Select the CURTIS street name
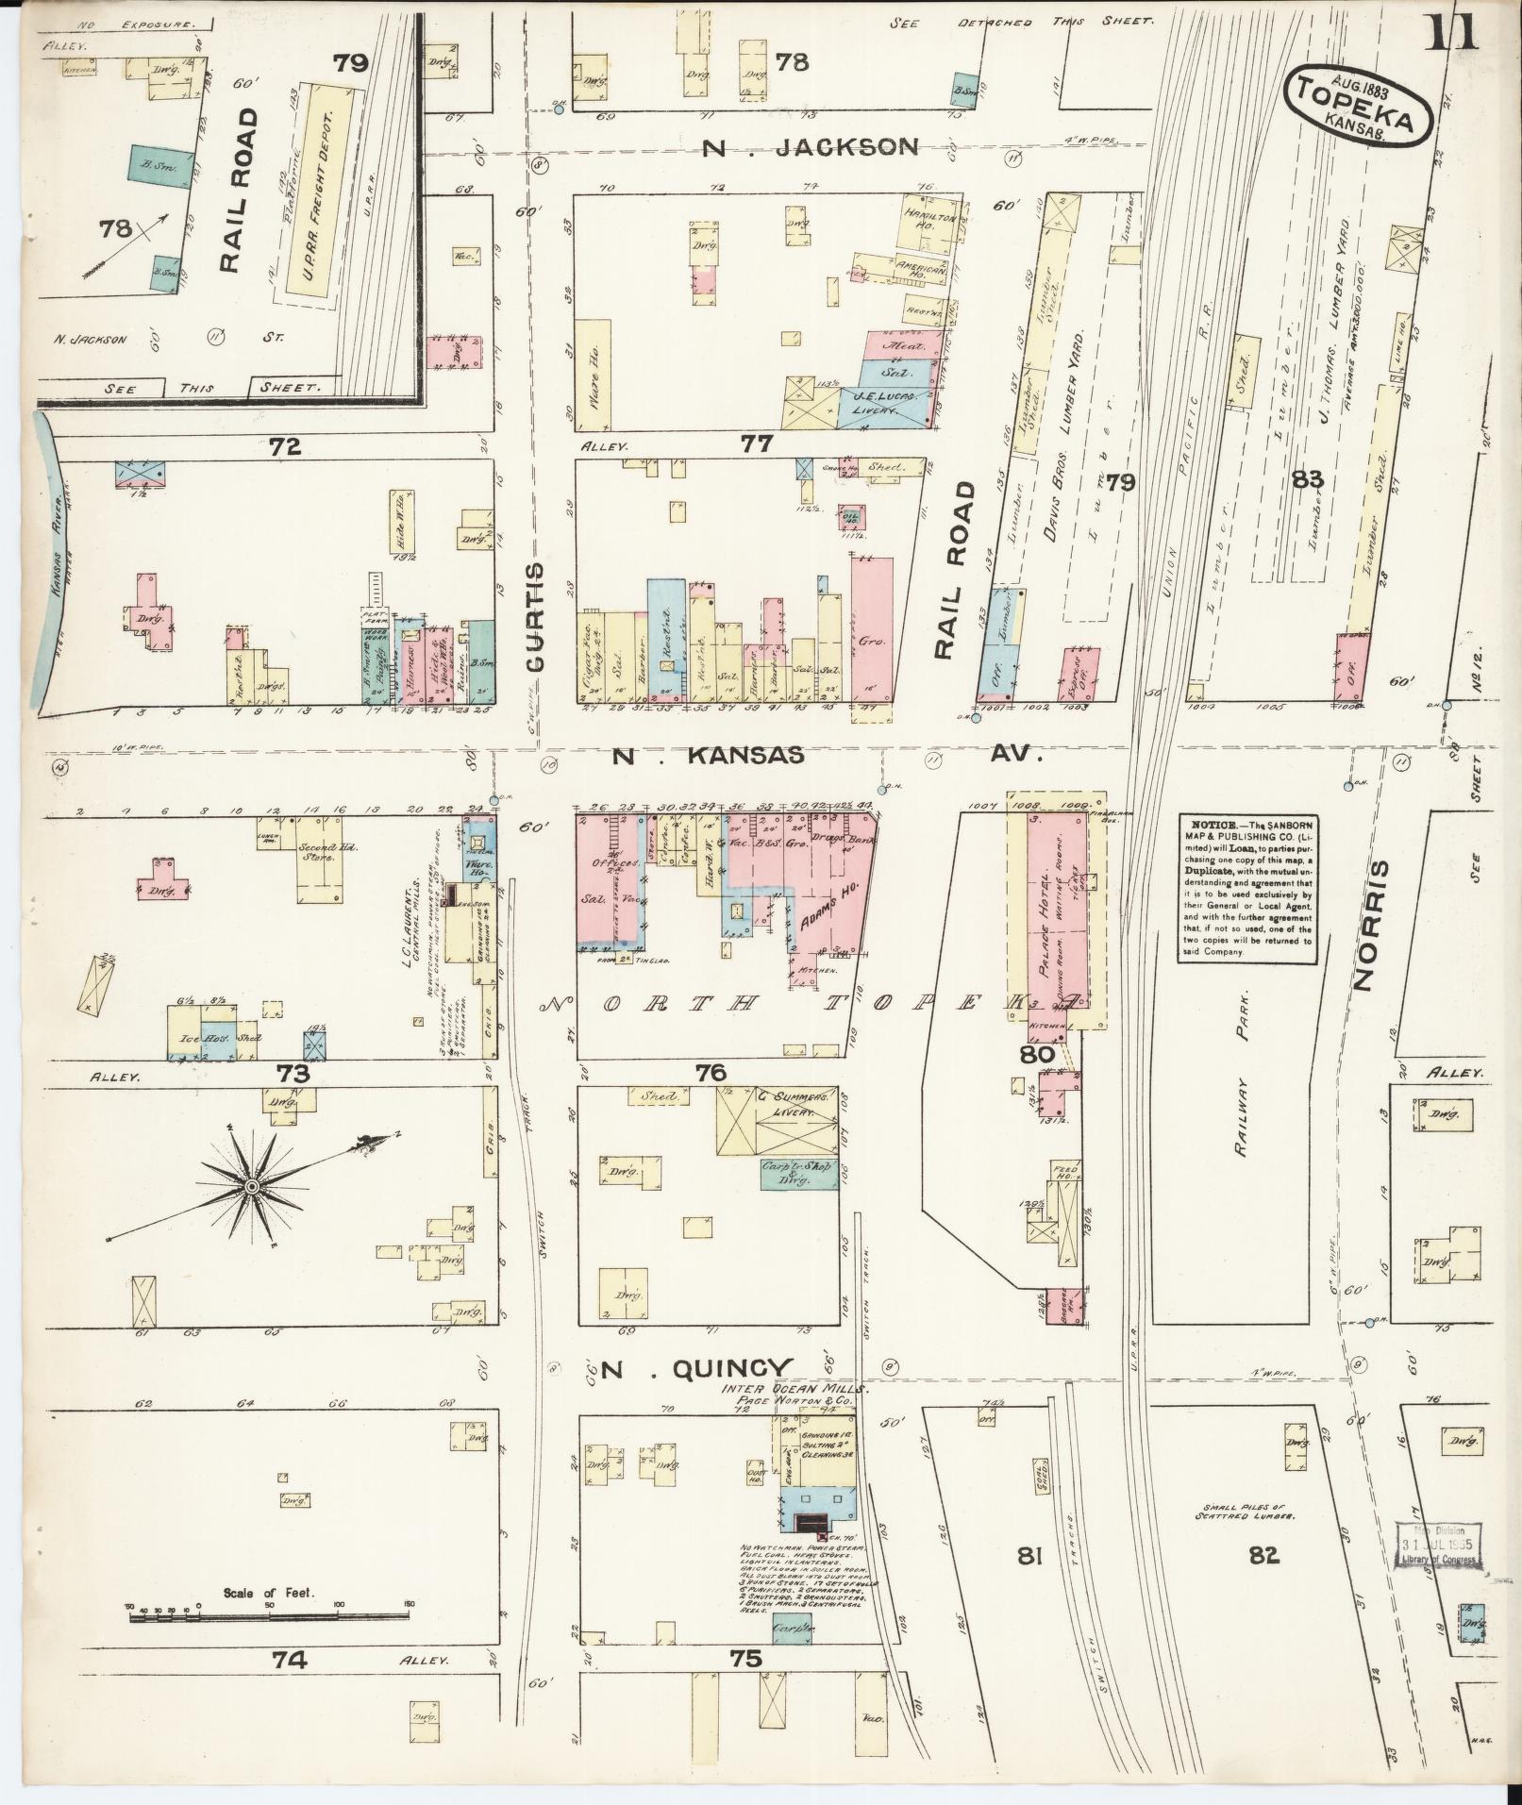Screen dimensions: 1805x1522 tap(535, 618)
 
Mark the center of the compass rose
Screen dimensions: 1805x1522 tap(252, 1186)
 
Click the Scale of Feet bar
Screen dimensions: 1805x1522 tap(269, 1618)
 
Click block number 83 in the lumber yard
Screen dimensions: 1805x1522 tap(1308, 480)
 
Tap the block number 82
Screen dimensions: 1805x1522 tap(1263, 1555)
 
